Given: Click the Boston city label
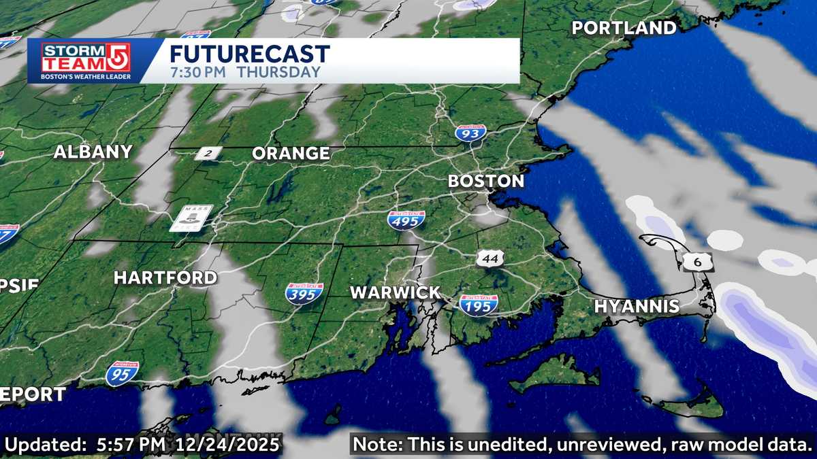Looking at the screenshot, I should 485,182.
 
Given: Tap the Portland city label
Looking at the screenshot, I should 624,28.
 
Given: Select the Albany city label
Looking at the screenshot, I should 93,152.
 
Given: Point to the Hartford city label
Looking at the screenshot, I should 165,277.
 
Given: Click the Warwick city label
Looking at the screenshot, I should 395,293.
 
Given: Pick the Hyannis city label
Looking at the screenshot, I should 637,307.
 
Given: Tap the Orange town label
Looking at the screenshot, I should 291,154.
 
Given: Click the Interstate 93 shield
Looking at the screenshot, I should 470,133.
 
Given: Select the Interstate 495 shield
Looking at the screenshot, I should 406,219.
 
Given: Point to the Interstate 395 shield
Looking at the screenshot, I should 304,294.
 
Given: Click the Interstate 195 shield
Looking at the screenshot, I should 478,305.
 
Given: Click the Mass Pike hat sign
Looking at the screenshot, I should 191,218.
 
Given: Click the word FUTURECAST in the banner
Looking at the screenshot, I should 249,54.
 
